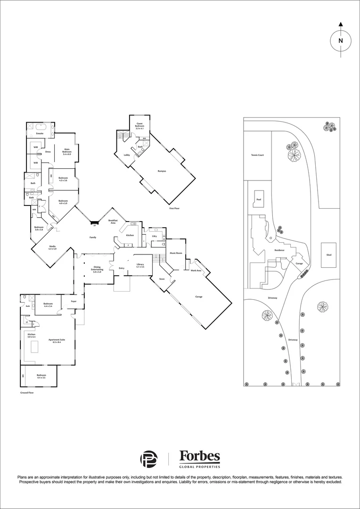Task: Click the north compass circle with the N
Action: coord(340,41)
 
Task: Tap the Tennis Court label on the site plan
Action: coord(257,155)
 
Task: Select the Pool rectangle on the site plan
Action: coord(258,199)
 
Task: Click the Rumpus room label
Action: coord(162,171)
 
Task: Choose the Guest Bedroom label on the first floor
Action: coord(140,125)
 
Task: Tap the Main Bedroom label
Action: coord(67,153)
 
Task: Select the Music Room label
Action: coord(176,253)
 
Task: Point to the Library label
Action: coord(140,265)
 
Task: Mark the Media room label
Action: coord(52,247)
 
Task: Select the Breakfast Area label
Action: coord(113,222)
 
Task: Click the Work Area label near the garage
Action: coord(196,271)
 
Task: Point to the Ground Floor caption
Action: coord(27,392)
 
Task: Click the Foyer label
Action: coord(74,301)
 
